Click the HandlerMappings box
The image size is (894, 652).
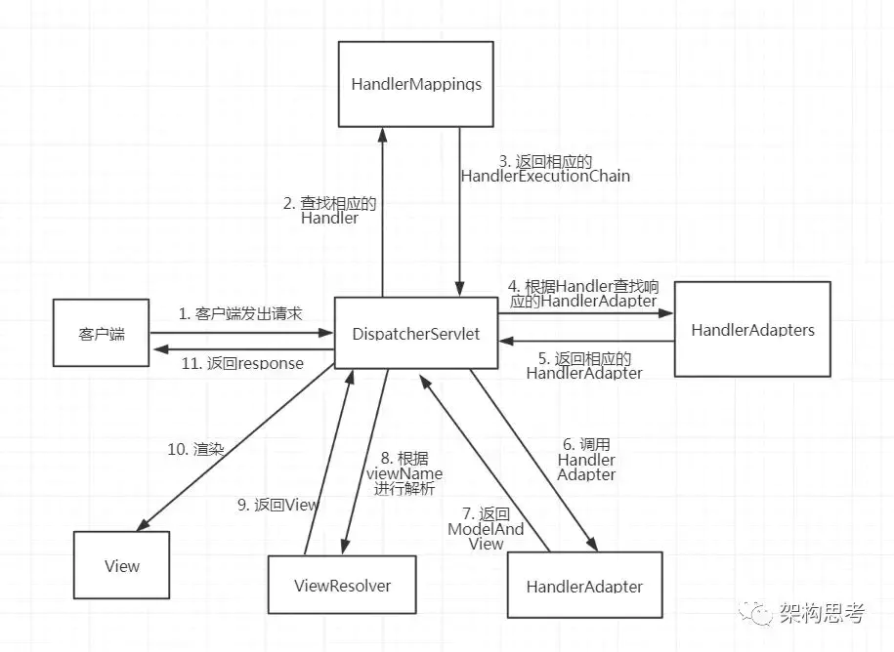(416, 84)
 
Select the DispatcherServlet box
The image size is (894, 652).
(416, 334)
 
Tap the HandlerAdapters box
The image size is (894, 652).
(752, 330)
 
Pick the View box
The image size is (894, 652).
(122, 566)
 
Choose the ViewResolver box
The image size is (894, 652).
(342, 586)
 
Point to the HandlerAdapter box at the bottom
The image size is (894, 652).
(584, 586)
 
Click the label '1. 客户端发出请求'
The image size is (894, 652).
(240, 314)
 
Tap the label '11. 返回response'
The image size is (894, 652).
(243, 363)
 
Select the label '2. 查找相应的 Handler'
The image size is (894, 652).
(329, 211)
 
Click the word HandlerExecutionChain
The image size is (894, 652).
(545, 177)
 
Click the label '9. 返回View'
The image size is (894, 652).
(278, 505)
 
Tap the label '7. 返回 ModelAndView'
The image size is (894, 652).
(486, 528)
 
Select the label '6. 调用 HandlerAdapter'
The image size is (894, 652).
(586, 459)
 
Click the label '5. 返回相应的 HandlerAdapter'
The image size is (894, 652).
(584, 365)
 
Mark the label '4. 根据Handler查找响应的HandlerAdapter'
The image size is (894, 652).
(583, 294)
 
